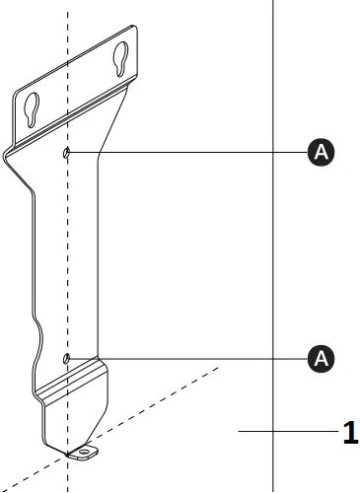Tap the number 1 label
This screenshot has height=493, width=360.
[x=348, y=432]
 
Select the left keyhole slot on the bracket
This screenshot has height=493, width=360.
[x=33, y=107]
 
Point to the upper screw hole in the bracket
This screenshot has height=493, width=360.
[x=66, y=153]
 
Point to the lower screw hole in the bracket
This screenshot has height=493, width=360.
[x=66, y=358]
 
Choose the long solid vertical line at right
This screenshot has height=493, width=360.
[x=273, y=246]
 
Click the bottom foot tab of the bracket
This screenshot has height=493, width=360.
[x=85, y=452]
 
